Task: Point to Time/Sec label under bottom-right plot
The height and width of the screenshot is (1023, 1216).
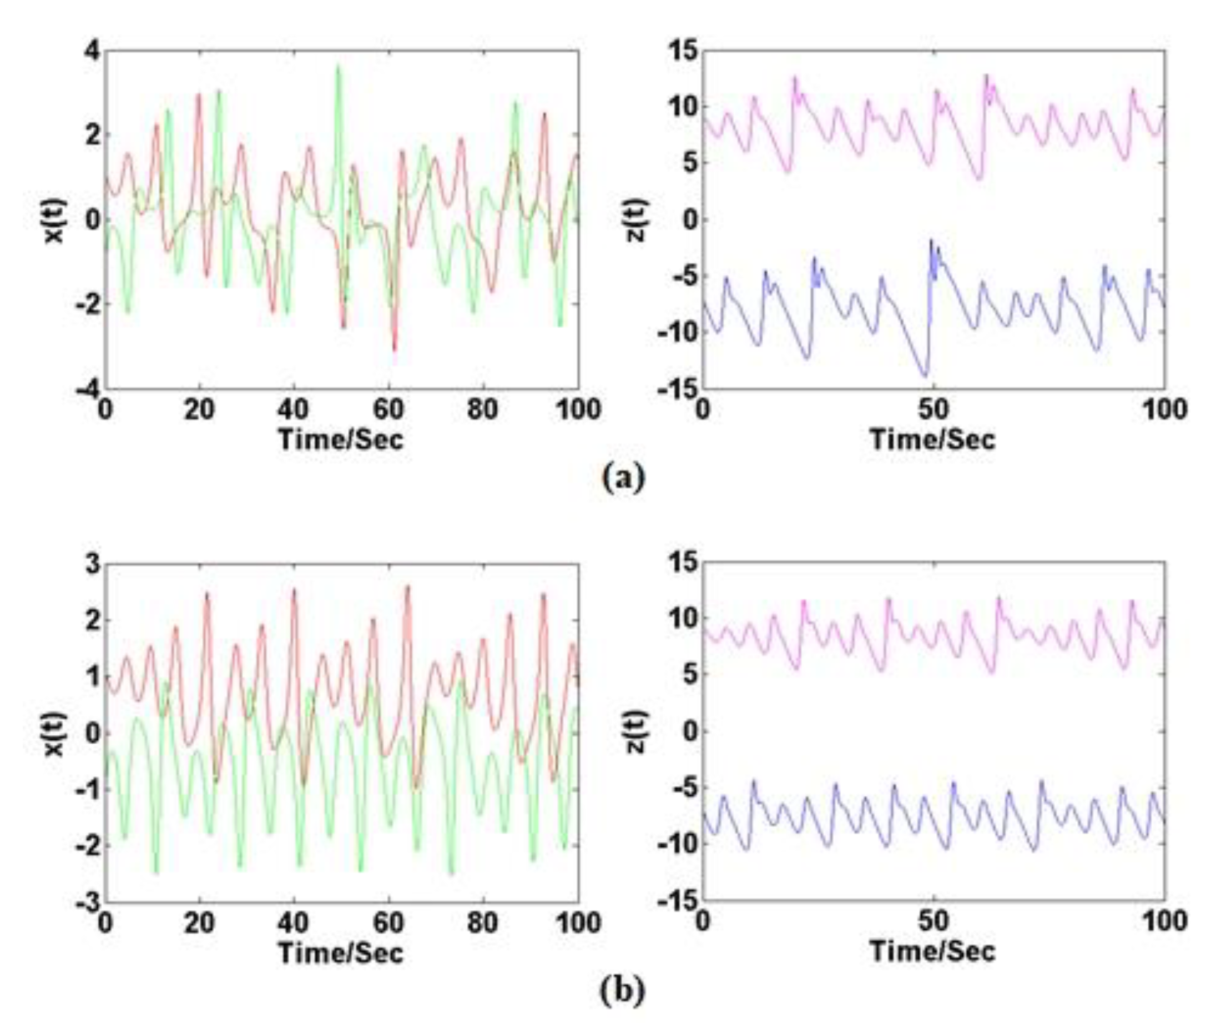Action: pos(932,952)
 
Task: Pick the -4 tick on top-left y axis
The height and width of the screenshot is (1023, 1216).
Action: pos(89,389)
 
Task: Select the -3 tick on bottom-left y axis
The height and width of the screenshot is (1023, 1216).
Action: pos(89,902)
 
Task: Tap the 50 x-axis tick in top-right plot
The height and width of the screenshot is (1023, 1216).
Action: pos(933,410)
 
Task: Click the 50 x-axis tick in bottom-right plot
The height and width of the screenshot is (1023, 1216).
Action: pos(933,922)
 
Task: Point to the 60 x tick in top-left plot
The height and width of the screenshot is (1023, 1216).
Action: pos(388,410)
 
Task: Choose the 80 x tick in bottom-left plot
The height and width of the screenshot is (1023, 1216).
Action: pos(483,922)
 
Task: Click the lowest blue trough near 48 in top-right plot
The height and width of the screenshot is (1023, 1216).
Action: pos(925,376)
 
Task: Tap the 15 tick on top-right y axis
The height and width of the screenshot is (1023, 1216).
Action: pos(682,52)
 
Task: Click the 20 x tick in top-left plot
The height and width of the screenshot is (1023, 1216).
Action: pos(199,410)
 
